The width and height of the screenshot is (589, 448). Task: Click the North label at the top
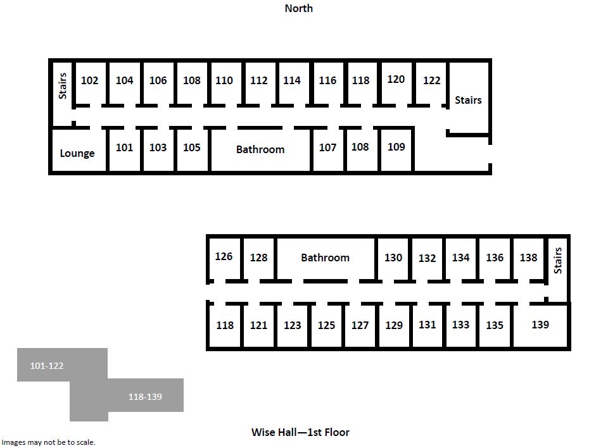tap(299, 8)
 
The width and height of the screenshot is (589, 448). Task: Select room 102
tap(90, 80)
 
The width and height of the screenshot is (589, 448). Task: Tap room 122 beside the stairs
tap(431, 80)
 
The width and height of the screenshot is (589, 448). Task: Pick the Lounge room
tap(77, 153)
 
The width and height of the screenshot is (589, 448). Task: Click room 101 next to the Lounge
tap(124, 147)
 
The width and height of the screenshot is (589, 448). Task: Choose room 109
tap(396, 147)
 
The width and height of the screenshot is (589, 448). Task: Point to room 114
tap(292, 80)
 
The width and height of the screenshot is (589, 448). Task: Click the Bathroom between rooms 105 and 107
tap(260, 149)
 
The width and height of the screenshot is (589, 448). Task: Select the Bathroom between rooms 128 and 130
tap(326, 258)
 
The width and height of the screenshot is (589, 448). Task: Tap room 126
tap(224, 256)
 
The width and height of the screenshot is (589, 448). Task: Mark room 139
tap(540, 325)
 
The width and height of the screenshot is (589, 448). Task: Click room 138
tap(529, 258)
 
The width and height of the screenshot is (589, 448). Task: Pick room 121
tap(259, 325)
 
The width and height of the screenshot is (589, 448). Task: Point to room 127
tap(360, 325)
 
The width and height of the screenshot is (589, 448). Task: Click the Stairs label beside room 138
tap(558, 261)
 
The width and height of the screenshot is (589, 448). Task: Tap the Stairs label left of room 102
tap(62, 86)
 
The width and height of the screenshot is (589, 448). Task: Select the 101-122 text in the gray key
tap(47, 366)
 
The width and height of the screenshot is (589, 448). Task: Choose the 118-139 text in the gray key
tap(145, 397)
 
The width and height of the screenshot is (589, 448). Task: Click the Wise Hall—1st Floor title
tap(300, 432)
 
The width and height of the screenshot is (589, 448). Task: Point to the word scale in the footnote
tap(86, 442)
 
